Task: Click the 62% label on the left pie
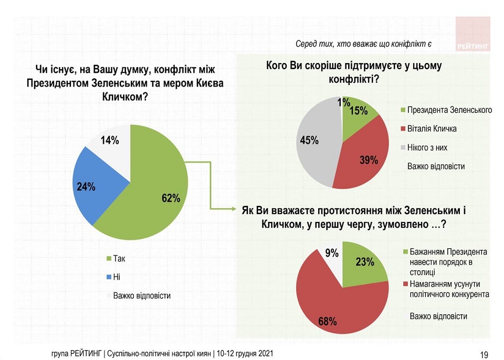[x=171, y=198]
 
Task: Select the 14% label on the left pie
[x=110, y=140]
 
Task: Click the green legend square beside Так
[x=109, y=259]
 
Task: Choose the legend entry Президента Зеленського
[x=449, y=110]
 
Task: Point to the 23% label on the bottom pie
[x=364, y=261]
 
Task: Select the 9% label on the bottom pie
[x=331, y=253]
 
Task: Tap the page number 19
[x=484, y=354]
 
